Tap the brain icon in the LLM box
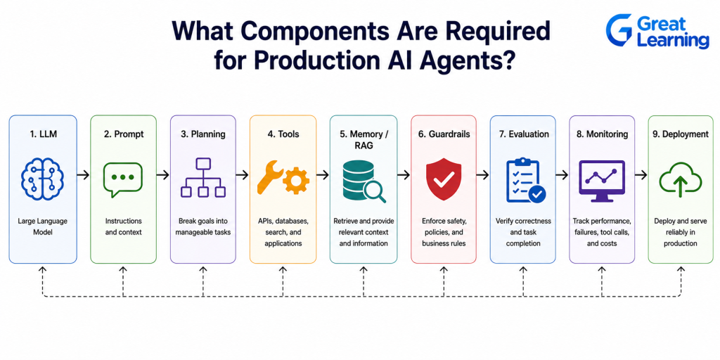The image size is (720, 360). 43,179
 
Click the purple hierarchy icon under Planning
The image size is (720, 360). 203,178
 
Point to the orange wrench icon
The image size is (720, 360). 269,176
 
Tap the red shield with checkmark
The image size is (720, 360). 444,179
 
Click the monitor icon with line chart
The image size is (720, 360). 602,181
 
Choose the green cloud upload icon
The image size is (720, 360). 681,179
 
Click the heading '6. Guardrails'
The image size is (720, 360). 444,134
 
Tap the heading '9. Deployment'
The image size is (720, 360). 681,134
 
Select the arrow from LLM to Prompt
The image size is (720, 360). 83,174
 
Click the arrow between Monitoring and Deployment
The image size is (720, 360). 641,174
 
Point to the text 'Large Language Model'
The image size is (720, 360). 43,226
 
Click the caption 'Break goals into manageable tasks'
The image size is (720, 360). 203,226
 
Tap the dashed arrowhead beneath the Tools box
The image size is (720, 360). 283,269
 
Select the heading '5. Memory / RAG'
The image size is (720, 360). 364,140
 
